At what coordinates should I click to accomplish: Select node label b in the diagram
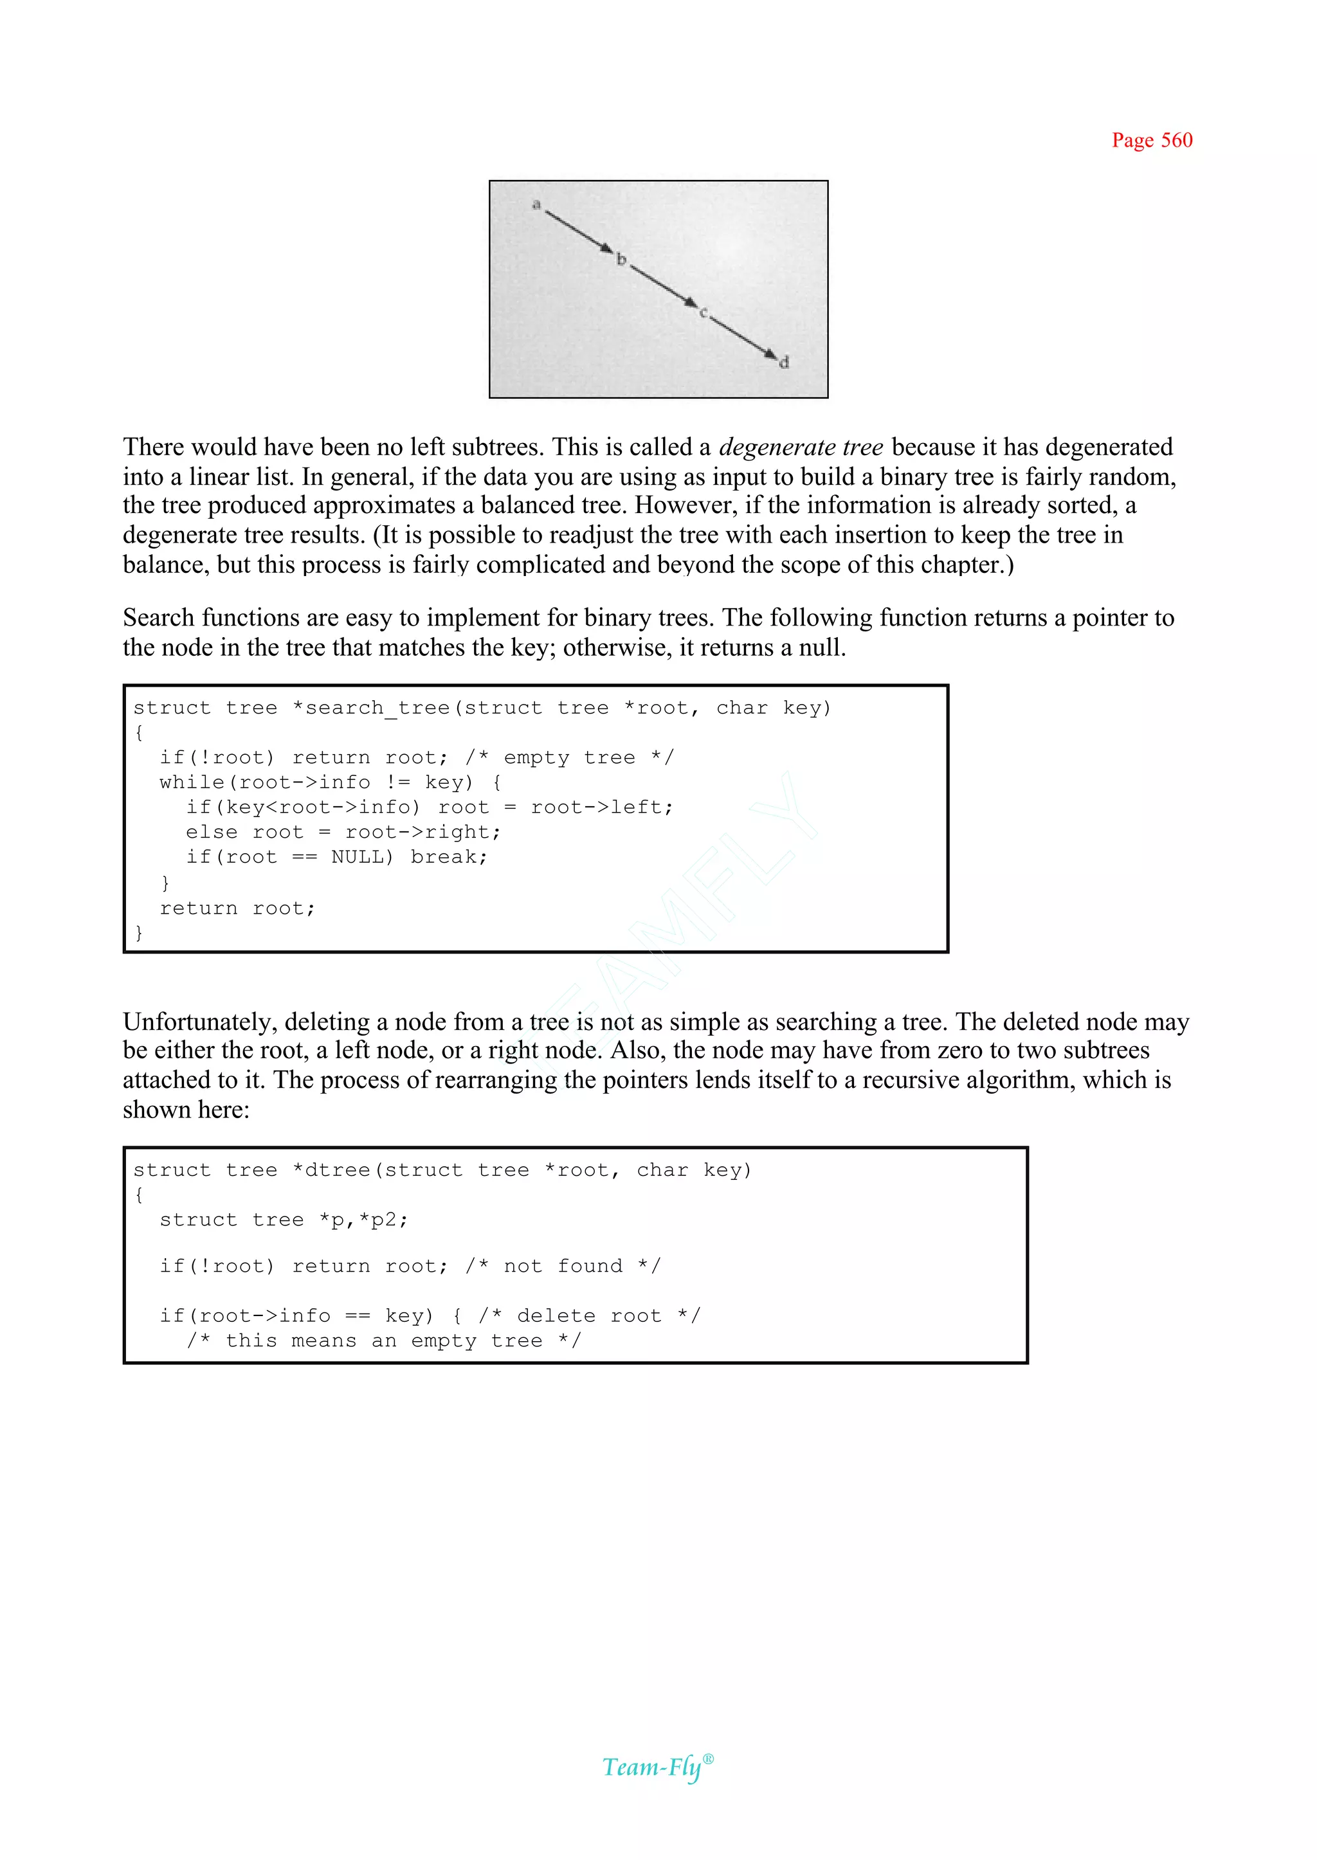(x=621, y=260)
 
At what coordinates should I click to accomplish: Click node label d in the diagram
(x=783, y=363)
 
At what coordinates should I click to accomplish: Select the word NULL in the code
(x=361, y=857)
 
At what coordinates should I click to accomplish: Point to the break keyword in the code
(x=448, y=857)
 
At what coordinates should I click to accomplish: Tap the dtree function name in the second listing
(x=331, y=1170)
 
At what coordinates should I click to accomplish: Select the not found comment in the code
(x=563, y=1267)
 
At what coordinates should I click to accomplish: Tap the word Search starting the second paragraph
(x=159, y=618)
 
